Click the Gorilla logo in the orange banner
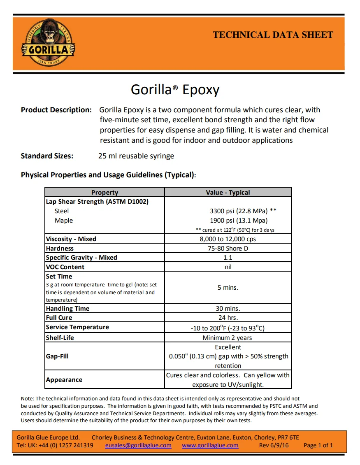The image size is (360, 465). [x=47, y=44]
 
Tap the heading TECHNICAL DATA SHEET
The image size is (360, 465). [x=272, y=35]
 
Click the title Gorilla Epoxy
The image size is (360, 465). [x=175, y=89]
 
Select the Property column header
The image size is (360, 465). [x=105, y=192]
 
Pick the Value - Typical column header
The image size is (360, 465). [x=228, y=192]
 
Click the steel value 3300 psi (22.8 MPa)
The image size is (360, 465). [x=239, y=211]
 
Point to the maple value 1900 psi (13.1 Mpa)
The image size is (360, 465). [x=239, y=221]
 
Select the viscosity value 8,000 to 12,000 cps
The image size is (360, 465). [x=228, y=239]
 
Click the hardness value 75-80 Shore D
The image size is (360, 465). [x=228, y=249]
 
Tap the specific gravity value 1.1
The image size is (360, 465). [x=228, y=258]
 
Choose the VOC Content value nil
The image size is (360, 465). [x=228, y=267]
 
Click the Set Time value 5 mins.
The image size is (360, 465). [x=228, y=288]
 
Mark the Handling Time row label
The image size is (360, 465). [x=67, y=309]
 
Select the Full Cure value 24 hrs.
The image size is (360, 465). [x=228, y=318]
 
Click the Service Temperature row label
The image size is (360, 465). [x=77, y=327]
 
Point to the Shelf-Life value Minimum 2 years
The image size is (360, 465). [x=228, y=338]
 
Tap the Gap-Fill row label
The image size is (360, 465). [x=57, y=356]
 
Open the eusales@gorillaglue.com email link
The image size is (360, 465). [x=138, y=445]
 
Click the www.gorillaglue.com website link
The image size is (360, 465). [x=210, y=445]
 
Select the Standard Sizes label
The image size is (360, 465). [x=47, y=156]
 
